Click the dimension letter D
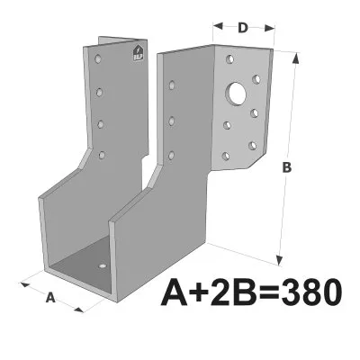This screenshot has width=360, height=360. point(243,27)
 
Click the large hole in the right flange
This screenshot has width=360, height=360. point(238,92)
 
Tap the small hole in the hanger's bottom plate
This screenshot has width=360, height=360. point(102,266)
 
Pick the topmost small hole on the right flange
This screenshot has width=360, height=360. point(231,58)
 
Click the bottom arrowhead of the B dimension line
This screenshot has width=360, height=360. point(280,257)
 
